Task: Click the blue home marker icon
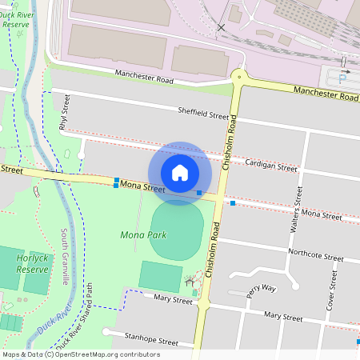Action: tap(180, 173)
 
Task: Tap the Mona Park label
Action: tap(142, 235)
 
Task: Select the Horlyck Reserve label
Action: tap(33, 264)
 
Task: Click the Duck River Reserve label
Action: tap(19, 18)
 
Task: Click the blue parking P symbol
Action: tap(343, 78)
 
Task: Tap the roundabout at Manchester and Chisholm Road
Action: tap(238, 78)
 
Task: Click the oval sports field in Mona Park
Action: tap(177, 229)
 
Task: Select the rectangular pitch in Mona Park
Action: tap(160, 276)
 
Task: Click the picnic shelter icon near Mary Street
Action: tap(190, 281)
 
